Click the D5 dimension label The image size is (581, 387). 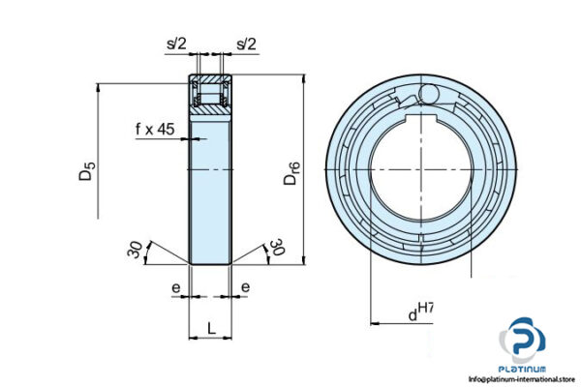(x=88, y=175)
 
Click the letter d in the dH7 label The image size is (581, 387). (x=412, y=314)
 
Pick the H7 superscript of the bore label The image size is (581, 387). (x=425, y=308)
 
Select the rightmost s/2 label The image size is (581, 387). (x=247, y=45)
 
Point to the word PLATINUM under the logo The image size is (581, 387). (x=524, y=369)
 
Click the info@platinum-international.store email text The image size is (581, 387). (x=523, y=380)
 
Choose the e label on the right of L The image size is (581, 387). (x=246, y=287)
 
